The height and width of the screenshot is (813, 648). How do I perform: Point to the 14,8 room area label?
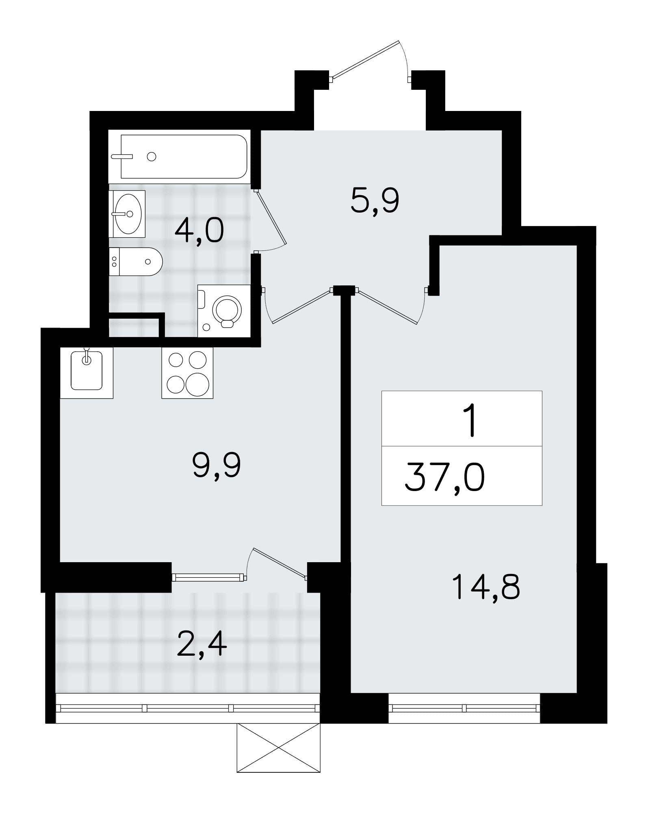(485, 587)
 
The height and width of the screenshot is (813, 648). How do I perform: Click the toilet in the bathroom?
(136, 261)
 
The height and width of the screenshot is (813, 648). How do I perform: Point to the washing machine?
(224, 311)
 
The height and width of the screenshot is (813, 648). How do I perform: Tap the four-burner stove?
(187, 373)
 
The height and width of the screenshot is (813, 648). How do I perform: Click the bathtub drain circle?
(152, 157)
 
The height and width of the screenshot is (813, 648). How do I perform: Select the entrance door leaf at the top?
(366, 59)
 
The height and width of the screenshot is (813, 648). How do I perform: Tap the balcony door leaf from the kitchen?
(279, 562)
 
